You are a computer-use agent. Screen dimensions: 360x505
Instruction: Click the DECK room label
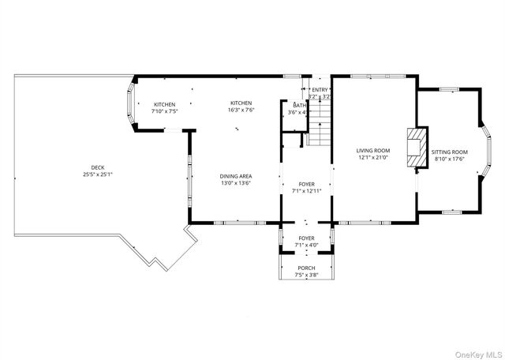pos(97,167)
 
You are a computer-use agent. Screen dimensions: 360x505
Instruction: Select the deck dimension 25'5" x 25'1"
pos(97,174)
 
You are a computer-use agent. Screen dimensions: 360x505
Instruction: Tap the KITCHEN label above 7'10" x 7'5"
pos(165,104)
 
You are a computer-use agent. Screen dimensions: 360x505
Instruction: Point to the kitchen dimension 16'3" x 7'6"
pos(241,111)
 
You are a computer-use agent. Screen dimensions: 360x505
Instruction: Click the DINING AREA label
pos(235,176)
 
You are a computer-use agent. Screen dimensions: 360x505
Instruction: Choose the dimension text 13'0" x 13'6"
pos(235,183)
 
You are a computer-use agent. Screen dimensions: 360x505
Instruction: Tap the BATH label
pos(299,105)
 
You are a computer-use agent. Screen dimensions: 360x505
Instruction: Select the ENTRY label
pos(320,90)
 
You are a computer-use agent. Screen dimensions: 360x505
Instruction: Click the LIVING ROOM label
pos(372,150)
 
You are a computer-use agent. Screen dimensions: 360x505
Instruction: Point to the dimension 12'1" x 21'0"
pos(372,157)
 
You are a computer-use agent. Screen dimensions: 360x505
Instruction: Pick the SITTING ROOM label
pos(451,152)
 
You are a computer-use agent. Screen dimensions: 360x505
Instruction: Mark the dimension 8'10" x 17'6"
pos(451,159)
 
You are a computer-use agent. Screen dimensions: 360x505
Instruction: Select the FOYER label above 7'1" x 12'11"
pos(306,183)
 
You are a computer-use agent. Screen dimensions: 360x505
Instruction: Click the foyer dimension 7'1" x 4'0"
pos(306,245)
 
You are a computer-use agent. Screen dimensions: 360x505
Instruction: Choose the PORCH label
pos(306,268)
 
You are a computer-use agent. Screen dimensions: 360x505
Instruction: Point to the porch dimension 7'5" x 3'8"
pos(306,276)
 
